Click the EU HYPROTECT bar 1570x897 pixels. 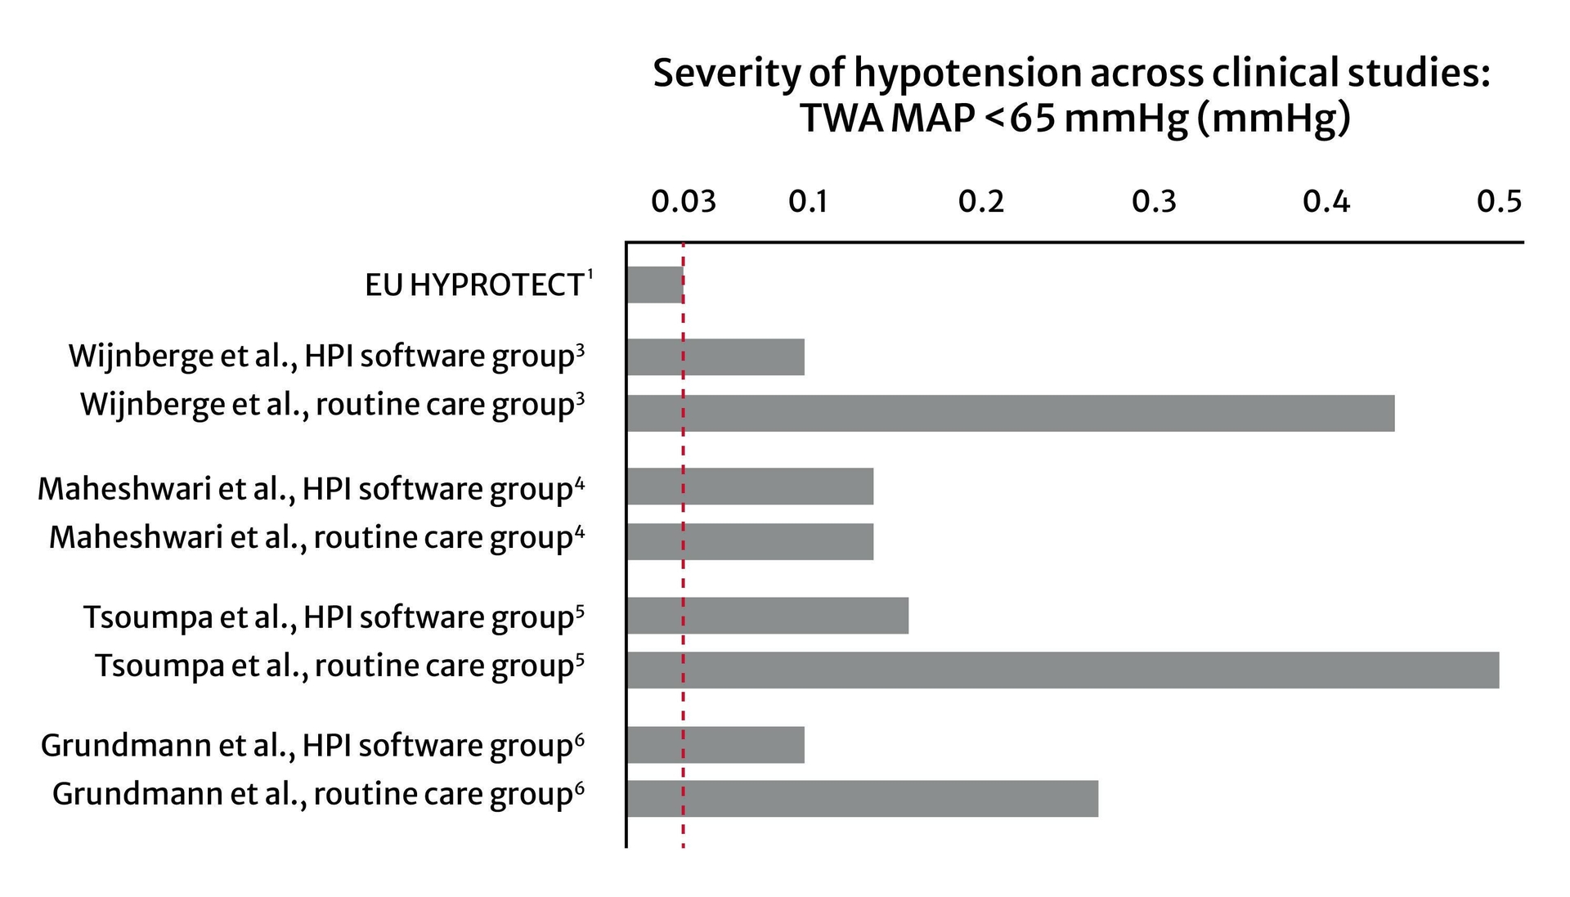[655, 285]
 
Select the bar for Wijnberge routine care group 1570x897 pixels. [1010, 413]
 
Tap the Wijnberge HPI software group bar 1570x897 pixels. [715, 357]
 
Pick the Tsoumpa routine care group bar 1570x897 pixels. [1062, 670]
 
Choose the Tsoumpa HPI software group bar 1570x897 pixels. [767, 615]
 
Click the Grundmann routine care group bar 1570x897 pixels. [862, 798]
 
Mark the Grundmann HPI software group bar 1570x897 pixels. [715, 744]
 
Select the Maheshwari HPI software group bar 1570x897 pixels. [750, 486]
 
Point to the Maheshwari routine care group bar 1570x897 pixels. [750, 541]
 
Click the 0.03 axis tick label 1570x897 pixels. [683, 201]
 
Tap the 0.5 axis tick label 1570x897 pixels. [1499, 201]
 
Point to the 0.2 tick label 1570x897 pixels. [980, 201]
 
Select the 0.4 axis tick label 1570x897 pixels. [1326, 201]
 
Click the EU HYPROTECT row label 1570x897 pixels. [474, 285]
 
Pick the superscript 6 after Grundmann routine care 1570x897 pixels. [580, 788]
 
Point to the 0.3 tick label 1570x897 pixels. [1154, 201]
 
